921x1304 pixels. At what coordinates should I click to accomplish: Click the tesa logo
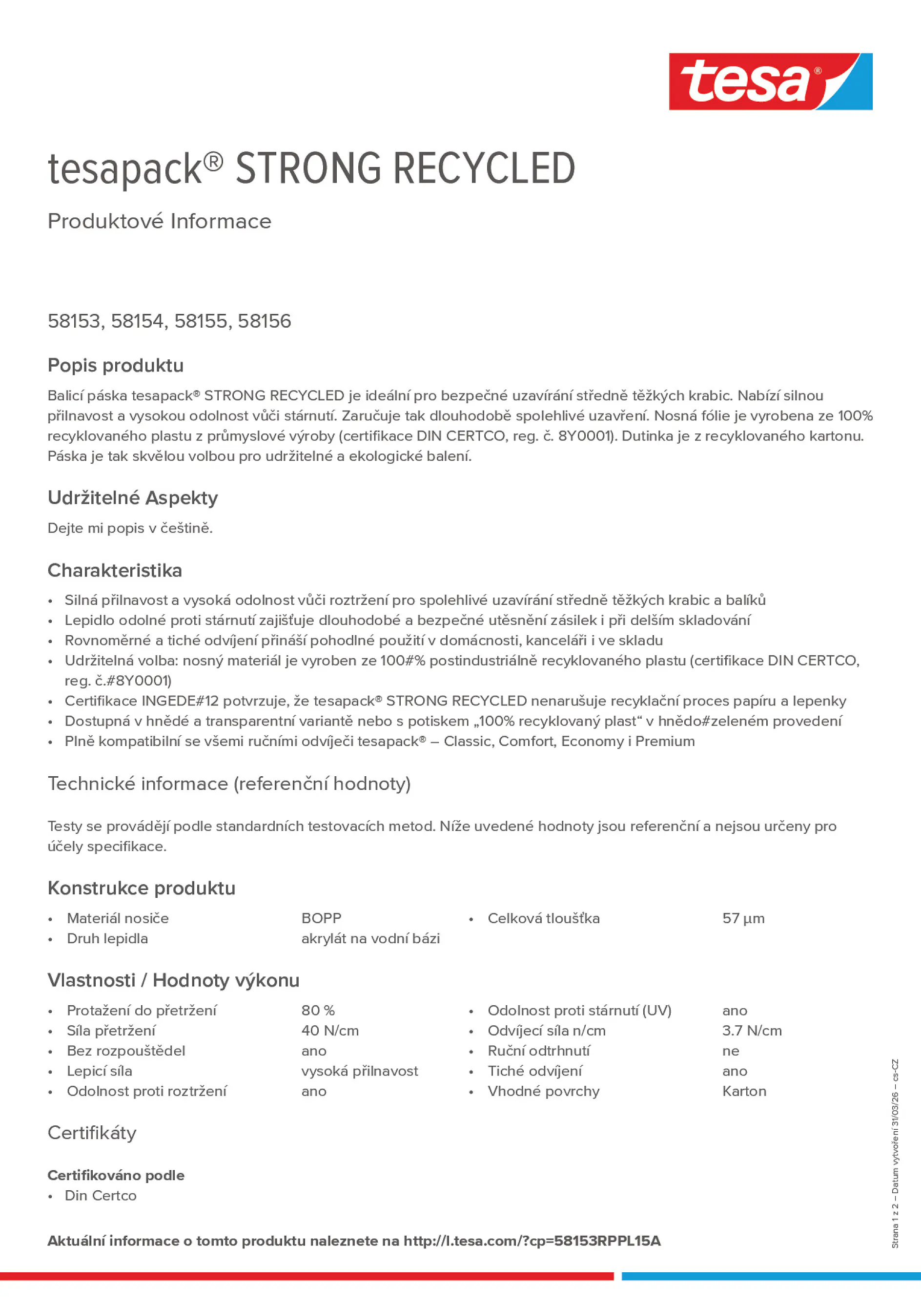770,81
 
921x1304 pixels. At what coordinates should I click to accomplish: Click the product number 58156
264,321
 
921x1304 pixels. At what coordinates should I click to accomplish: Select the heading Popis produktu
115,365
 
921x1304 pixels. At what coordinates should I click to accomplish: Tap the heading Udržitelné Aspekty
132,497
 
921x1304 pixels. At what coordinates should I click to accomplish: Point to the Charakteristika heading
115,570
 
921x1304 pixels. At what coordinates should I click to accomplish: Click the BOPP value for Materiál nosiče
321,918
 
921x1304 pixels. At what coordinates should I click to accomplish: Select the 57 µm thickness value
743,918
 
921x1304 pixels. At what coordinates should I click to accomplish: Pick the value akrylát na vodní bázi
370,938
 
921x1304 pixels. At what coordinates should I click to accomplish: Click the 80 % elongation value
318,1011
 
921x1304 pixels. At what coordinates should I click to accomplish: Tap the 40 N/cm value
330,1030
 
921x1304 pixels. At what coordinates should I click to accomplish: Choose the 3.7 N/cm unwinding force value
752,1030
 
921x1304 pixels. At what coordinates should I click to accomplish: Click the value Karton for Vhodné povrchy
744,1091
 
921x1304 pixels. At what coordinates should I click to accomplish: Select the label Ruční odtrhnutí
538,1051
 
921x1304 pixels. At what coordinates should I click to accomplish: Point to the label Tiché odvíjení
534,1071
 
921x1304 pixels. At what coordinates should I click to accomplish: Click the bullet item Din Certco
101,1196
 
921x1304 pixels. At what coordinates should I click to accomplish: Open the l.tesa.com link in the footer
532,1241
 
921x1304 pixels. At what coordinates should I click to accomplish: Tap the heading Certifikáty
92,1133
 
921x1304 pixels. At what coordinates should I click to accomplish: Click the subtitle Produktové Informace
160,221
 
